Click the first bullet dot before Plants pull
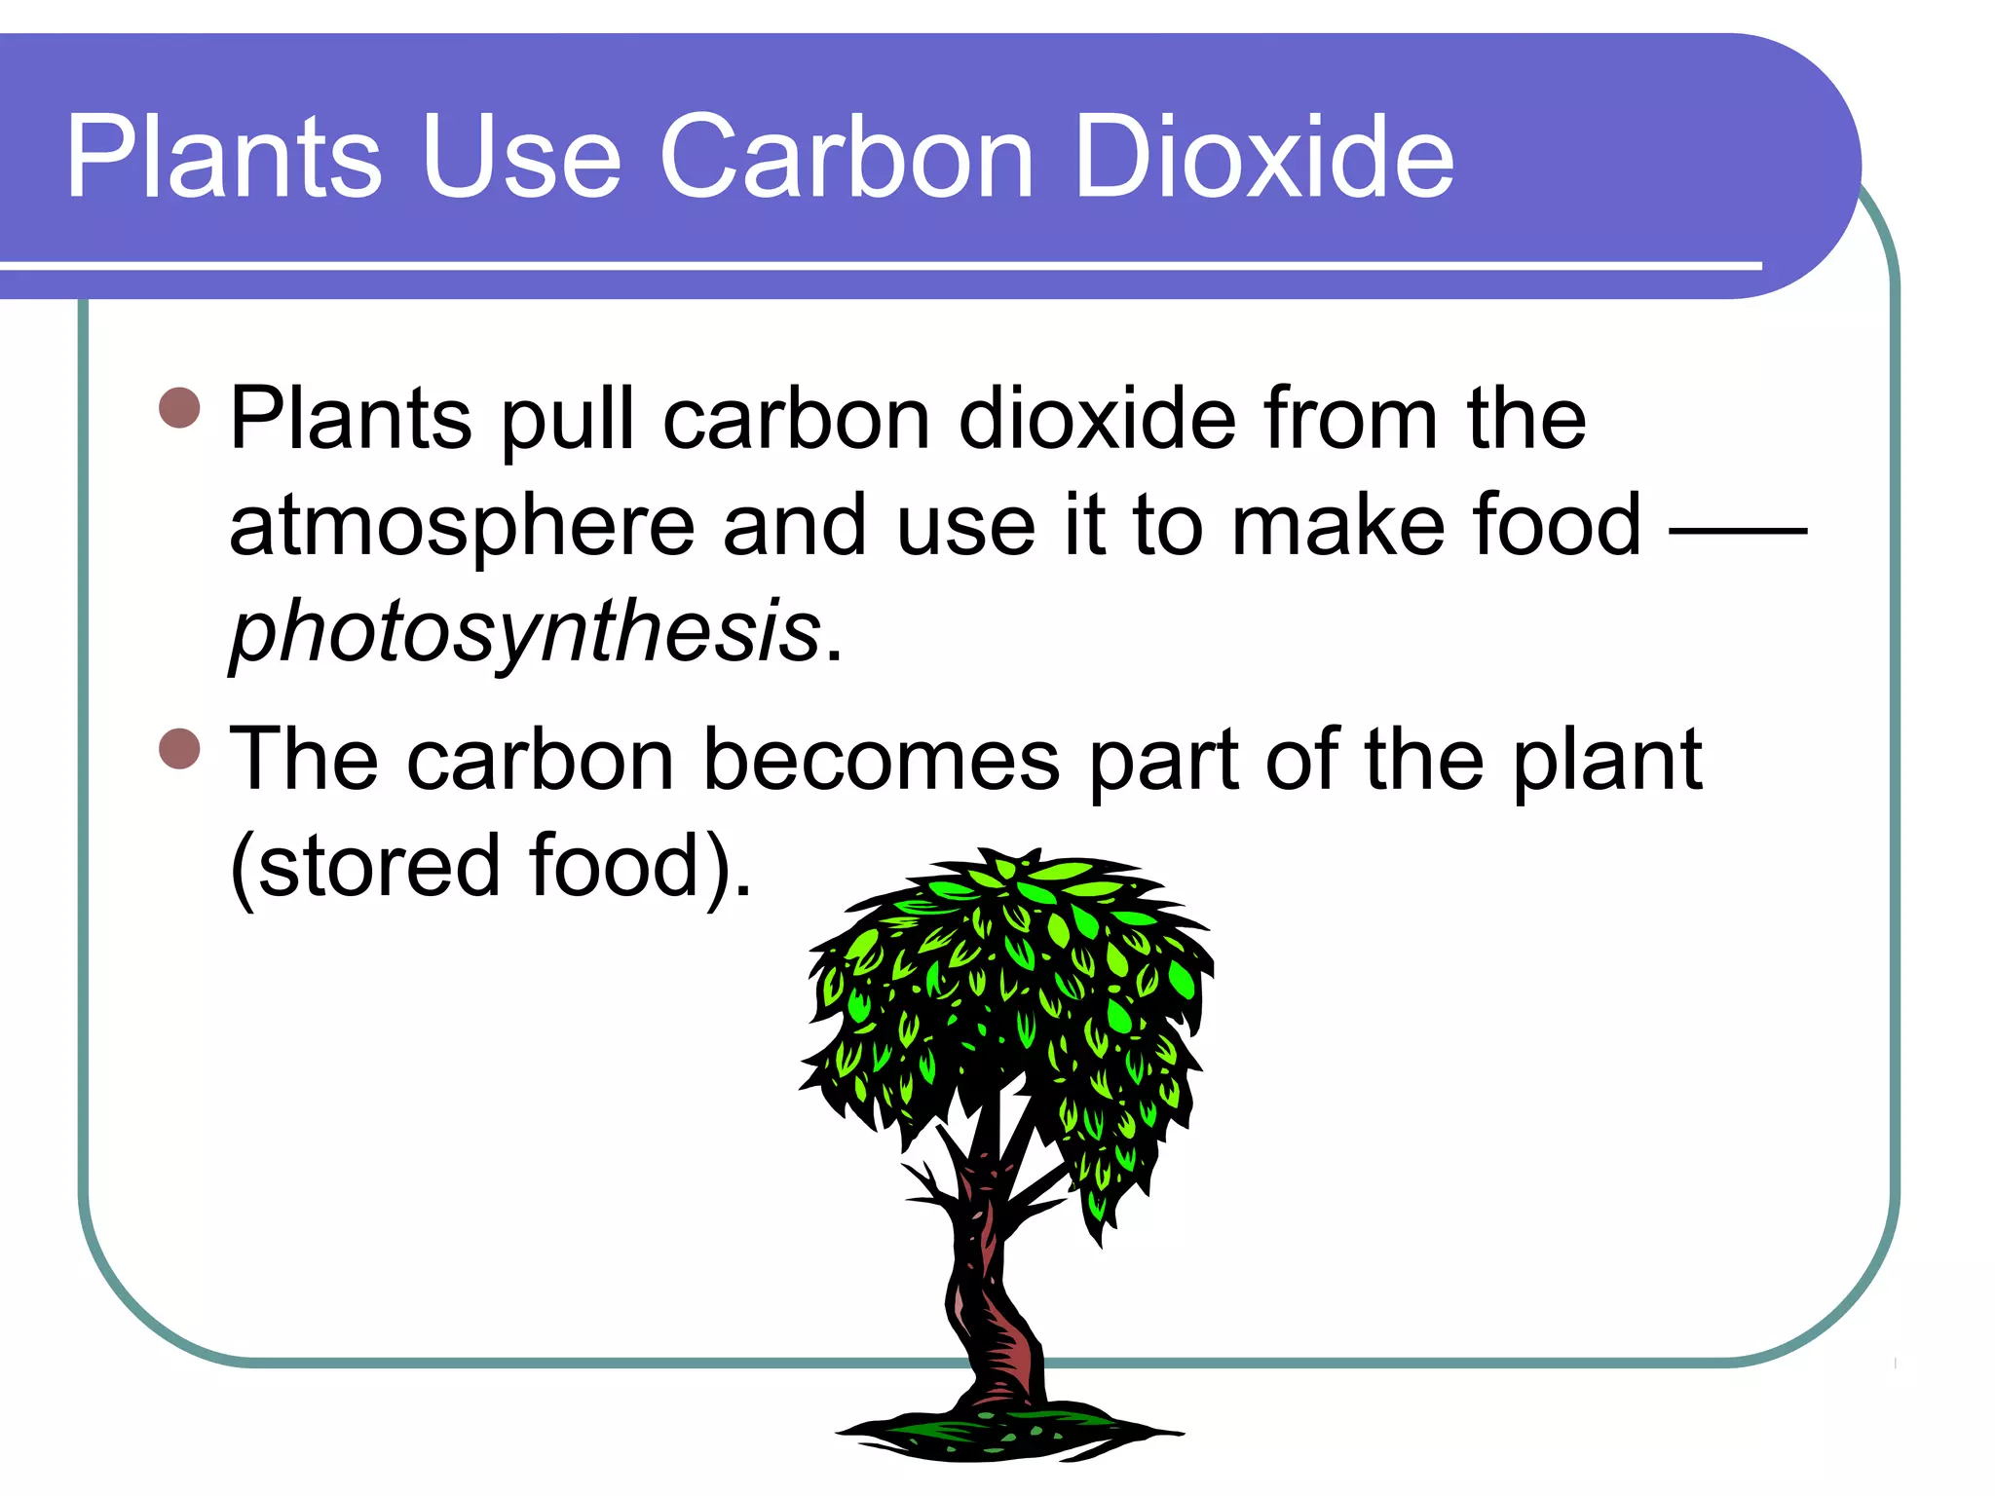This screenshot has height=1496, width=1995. click(179, 408)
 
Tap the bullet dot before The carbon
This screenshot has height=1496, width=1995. click(179, 749)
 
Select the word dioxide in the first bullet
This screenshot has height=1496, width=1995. click(1097, 419)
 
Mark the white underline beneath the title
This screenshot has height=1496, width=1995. click(877, 265)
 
